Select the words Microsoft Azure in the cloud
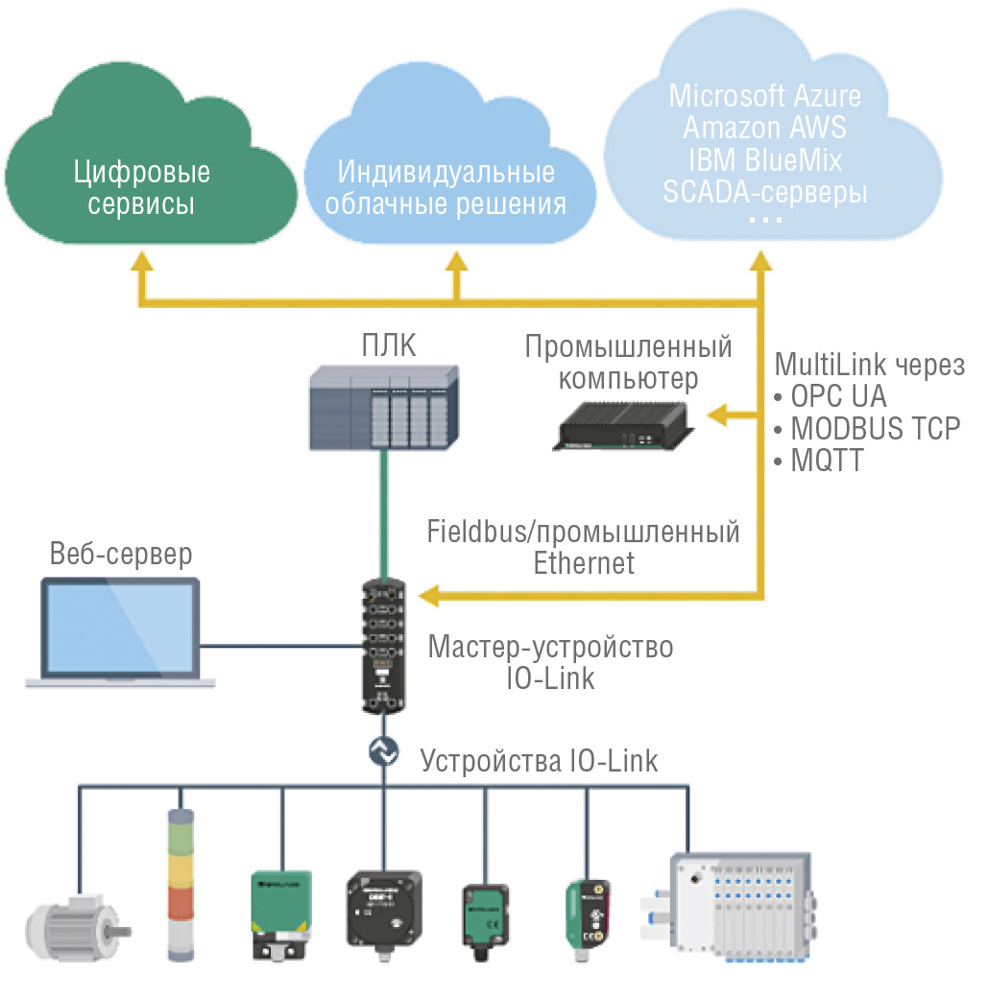point(764,96)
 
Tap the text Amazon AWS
point(764,128)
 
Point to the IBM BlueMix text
point(764,159)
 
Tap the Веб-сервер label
point(121,555)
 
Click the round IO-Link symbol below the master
point(384,752)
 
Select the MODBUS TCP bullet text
point(875,428)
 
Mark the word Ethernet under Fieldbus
point(584,563)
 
